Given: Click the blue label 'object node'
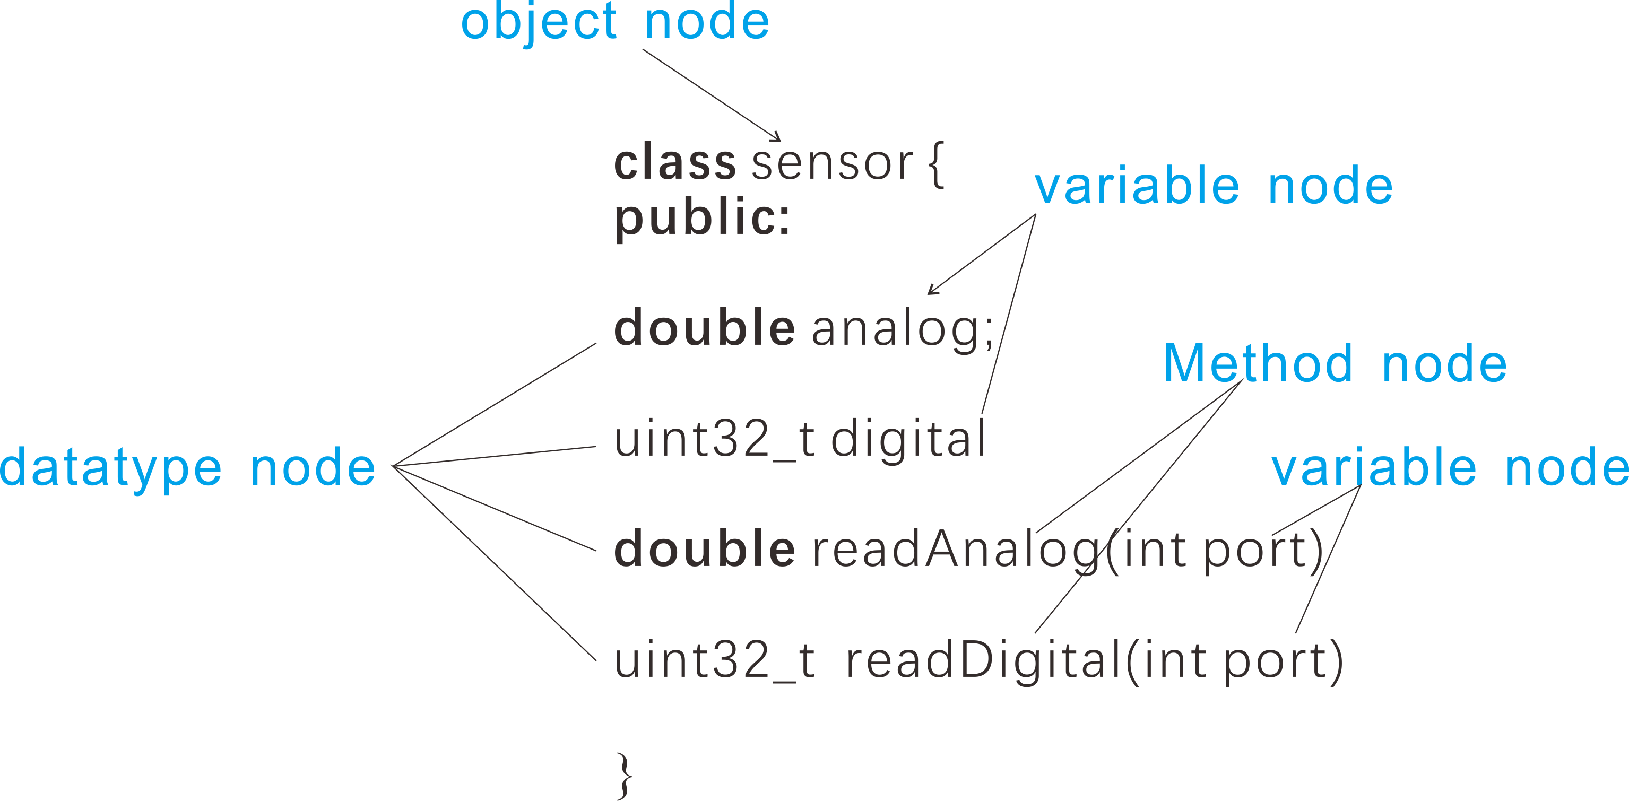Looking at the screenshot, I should [614, 22].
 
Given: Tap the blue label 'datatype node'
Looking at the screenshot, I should [188, 468].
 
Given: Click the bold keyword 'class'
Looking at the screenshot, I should [675, 162].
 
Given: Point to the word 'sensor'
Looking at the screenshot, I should [832, 162].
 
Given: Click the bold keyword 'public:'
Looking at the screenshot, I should [702, 217].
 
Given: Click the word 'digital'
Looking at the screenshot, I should [908, 439].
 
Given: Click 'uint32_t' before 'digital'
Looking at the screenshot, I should [715, 439].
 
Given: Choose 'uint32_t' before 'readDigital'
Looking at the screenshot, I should [715, 660].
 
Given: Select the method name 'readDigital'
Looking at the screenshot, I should [983, 660].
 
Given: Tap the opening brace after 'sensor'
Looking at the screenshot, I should [936, 164].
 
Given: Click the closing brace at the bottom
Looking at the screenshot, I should [624, 775].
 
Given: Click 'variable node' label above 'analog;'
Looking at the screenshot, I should [1213, 187].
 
